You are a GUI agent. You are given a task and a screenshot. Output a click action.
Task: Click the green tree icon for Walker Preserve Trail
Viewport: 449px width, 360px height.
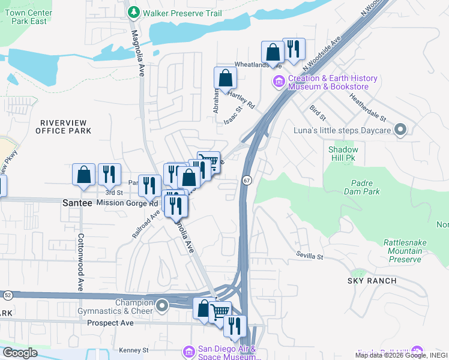133,11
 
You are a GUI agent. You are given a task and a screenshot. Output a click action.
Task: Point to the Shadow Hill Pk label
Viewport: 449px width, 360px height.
343,154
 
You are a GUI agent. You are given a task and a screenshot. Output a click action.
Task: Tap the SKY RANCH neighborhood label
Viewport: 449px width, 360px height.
372,281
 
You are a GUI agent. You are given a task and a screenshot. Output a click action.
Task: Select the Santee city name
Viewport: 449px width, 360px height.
77,203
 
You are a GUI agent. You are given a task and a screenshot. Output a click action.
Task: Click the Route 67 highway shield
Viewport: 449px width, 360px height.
247,180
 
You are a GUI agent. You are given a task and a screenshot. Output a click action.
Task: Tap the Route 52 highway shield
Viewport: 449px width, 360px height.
7,295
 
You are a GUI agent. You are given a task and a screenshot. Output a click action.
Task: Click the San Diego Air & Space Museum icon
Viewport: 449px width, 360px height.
188,350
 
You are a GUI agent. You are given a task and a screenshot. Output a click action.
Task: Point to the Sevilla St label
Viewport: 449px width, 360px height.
309,256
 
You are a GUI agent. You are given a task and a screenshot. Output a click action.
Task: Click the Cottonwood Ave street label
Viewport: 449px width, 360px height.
80,260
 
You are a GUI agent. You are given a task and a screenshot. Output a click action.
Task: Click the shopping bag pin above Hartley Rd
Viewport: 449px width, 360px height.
225,78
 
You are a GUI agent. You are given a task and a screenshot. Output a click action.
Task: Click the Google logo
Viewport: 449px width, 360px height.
20,352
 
